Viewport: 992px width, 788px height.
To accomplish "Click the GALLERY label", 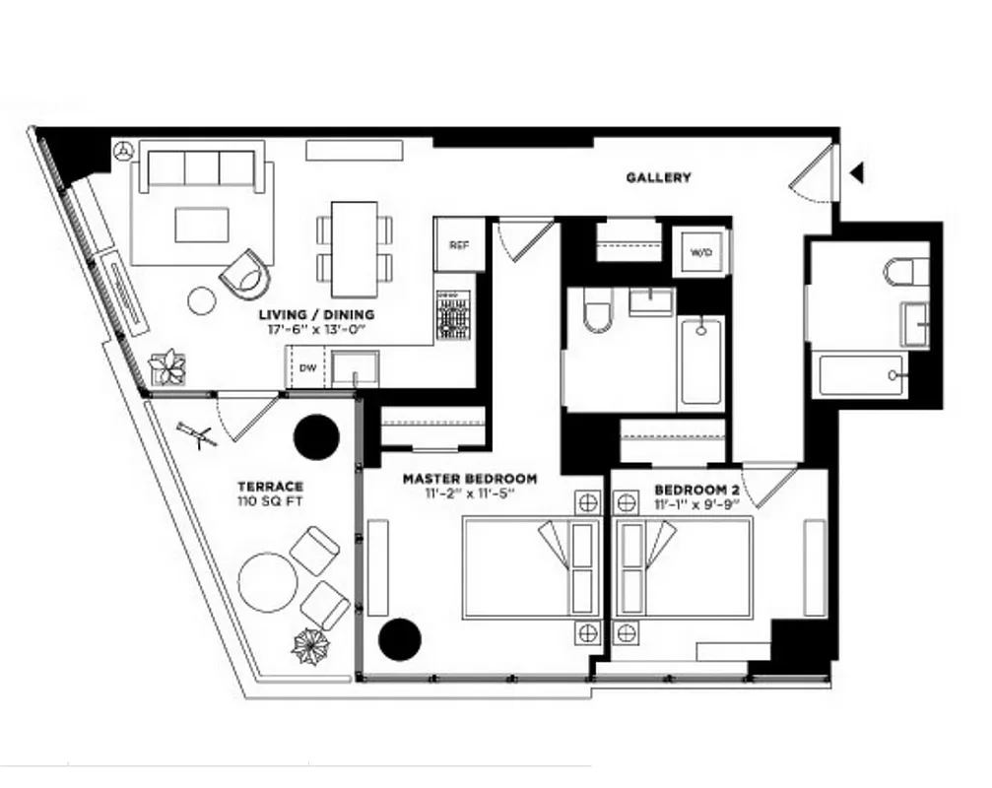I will tap(658, 178).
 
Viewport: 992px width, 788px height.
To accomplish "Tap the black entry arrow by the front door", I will tap(857, 174).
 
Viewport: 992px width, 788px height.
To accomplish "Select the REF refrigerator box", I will tap(459, 245).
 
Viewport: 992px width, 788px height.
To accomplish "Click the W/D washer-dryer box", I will tap(700, 253).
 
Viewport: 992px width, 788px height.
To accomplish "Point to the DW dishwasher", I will tap(306, 369).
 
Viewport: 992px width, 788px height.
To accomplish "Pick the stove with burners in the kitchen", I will tap(452, 314).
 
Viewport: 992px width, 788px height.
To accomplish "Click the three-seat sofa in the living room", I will tap(201, 167).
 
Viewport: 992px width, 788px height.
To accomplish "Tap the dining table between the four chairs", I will tap(354, 248).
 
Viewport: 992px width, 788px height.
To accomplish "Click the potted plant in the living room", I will tap(167, 367).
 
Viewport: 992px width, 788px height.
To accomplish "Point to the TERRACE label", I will tap(269, 487).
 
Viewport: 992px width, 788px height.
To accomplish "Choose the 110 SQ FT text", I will tap(269, 501).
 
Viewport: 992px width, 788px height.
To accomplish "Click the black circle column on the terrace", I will tap(318, 434).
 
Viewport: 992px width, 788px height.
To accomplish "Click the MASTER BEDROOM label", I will tap(470, 479).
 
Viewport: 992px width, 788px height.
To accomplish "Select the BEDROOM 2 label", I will tap(691, 491).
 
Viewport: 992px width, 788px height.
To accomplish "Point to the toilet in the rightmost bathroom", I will tap(903, 271).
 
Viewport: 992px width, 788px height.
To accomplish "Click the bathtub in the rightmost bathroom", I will tap(861, 375).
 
